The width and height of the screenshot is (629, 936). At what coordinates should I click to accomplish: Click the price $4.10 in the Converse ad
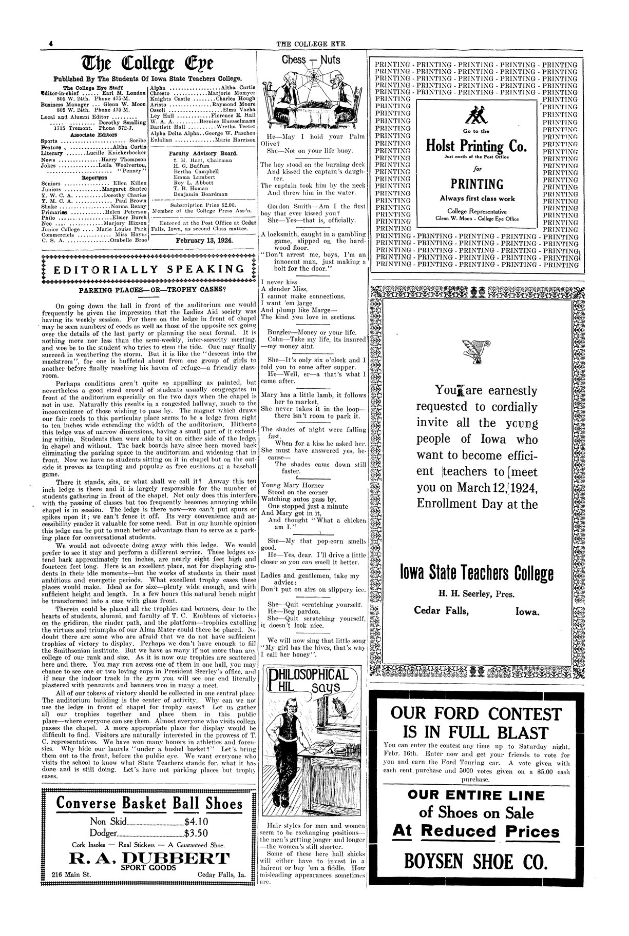tap(196, 820)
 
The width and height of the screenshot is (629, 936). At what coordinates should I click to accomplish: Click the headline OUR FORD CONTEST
tap(476, 713)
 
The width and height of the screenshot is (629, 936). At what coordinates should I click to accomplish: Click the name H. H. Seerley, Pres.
tap(476, 595)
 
